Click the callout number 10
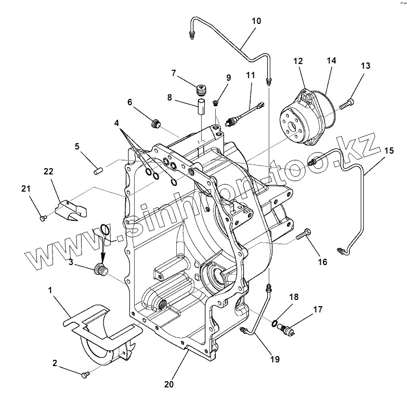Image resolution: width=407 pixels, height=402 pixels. (x=256, y=21)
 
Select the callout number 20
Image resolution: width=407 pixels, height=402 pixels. (x=168, y=385)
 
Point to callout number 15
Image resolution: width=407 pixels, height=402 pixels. (x=389, y=150)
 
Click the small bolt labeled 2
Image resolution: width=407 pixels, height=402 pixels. (x=85, y=374)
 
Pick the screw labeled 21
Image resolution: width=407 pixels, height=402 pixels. (x=43, y=217)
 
